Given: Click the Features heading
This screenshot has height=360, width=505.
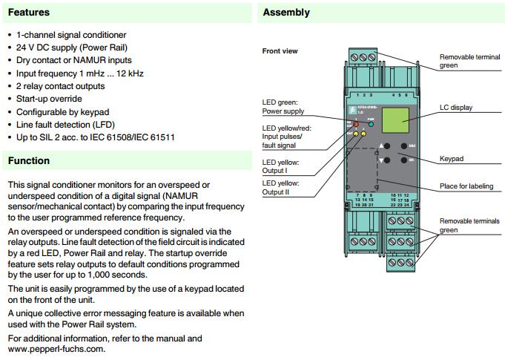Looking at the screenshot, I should pyautogui.click(x=29, y=12).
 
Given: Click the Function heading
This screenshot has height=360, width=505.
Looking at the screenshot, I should pyautogui.click(x=29, y=160).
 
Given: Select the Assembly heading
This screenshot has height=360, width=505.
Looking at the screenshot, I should pyautogui.click(x=286, y=12).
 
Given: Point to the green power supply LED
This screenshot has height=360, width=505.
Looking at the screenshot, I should pyautogui.click(x=370, y=125).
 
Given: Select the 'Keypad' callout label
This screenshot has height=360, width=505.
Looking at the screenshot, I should pyautogui.click(x=453, y=158).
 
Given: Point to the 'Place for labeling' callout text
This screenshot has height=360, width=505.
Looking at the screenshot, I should pyautogui.click(x=466, y=186).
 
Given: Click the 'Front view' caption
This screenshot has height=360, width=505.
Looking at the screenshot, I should pyautogui.click(x=280, y=51).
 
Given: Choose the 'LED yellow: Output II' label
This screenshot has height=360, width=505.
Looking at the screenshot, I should pyautogui.click(x=280, y=188).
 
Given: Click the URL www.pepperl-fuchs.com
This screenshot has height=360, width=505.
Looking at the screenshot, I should pyautogui.click(x=56, y=348).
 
